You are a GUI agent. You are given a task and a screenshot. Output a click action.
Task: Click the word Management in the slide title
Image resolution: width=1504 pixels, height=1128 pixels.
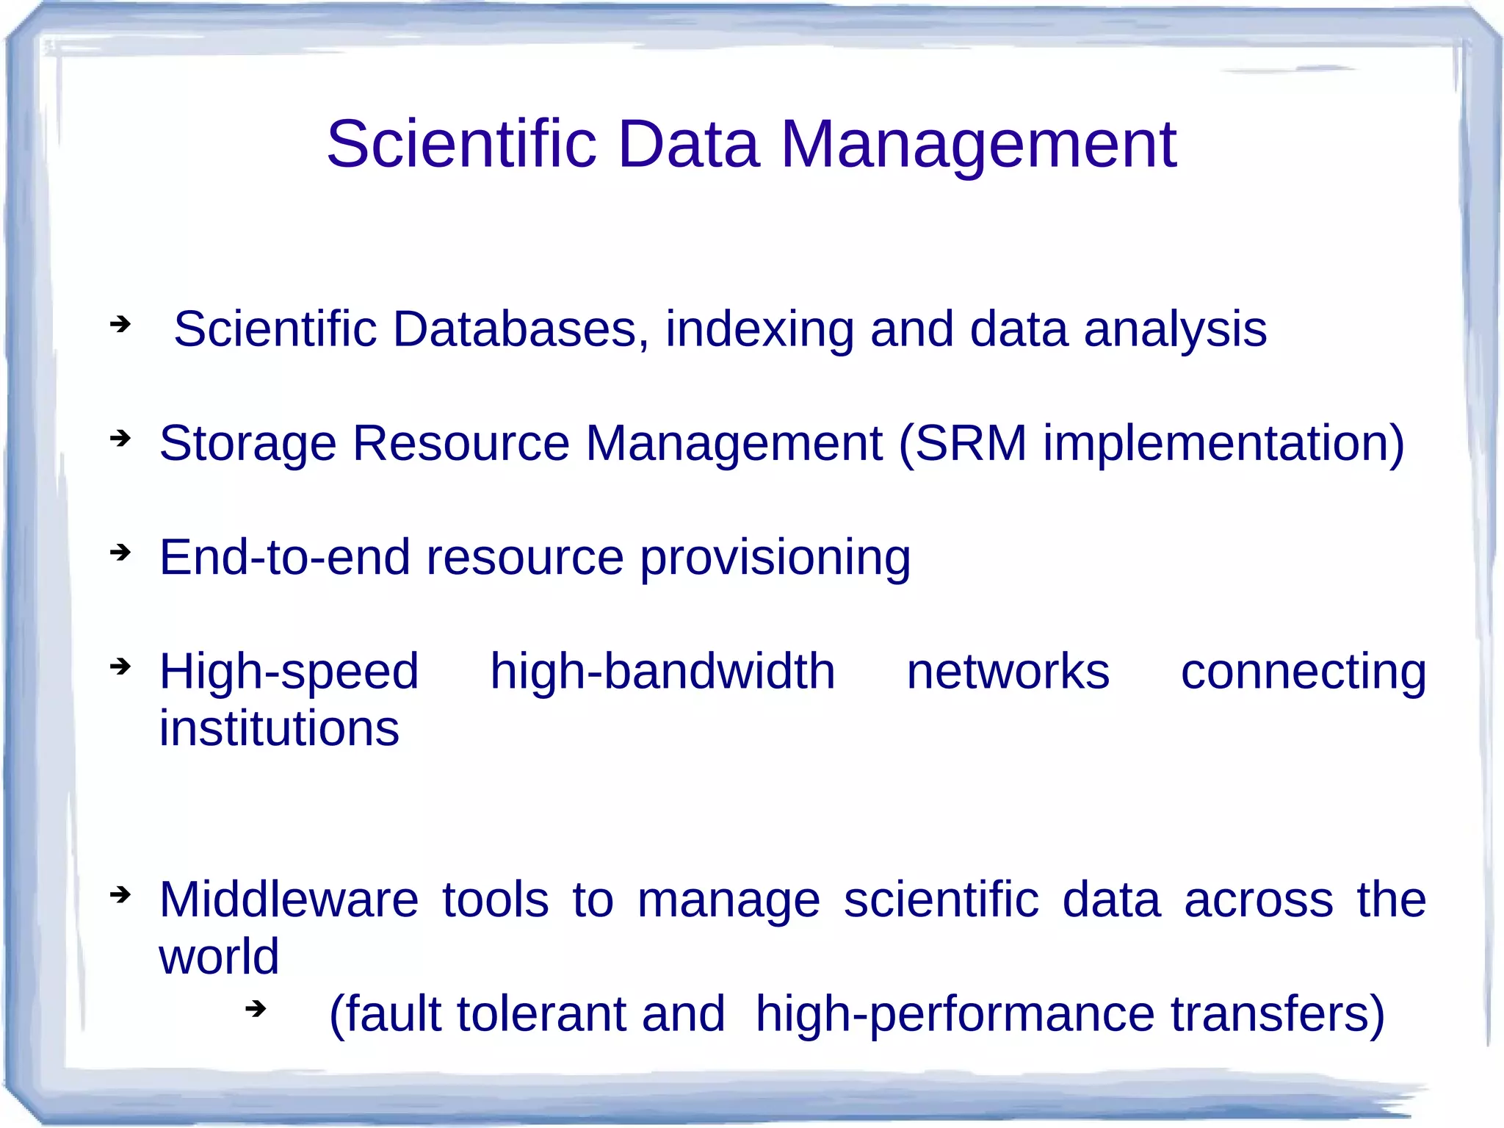point(978,146)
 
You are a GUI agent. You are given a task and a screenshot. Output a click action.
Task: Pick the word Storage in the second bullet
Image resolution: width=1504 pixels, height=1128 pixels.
point(247,444)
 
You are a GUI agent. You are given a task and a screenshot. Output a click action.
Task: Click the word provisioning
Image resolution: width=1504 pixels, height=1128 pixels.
point(775,558)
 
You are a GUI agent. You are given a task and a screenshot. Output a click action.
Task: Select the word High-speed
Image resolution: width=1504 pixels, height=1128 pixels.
point(289,672)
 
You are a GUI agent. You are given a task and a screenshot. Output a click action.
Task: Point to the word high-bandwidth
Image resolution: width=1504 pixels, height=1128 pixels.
point(662,672)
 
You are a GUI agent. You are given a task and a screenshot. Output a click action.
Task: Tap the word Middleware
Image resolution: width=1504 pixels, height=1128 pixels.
point(289,899)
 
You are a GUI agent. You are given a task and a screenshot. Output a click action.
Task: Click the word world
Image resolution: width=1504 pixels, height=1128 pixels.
point(219,957)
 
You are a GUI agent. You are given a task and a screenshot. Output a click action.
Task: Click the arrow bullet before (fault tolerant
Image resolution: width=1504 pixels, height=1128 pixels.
point(255,1009)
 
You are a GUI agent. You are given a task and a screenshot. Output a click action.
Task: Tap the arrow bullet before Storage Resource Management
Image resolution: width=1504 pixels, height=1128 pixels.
point(120,439)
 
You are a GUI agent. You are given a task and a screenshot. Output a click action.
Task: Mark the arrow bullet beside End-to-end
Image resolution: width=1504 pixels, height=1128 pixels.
point(120,552)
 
